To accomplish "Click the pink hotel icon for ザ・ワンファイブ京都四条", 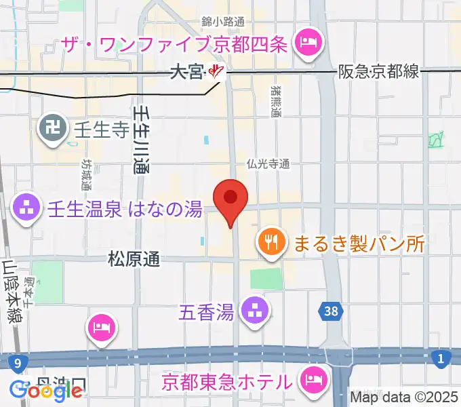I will pyautogui.click(x=308, y=45).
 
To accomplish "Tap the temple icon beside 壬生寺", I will pyautogui.click(x=52, y=125).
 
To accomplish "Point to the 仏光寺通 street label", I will pyautogui.click(x=268, y=163).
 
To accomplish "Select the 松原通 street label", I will pyautogui.click(x=134, y=259).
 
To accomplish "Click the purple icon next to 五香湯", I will pyautogui.click(x=256, y=312).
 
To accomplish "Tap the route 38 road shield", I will pyautogui.click(x=329, y=312).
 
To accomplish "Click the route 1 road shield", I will pyautogui.click(x=441, y=359).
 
